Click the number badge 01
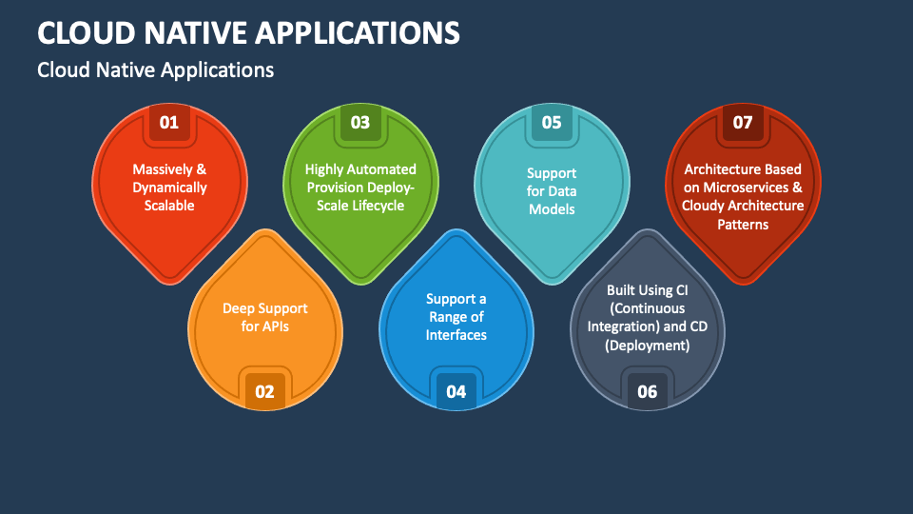(x=169, y=122)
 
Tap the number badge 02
(x=264, y=391)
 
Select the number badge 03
(x=360, y=122)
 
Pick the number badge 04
(x=456, y=391)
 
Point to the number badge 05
(x=552, y=122)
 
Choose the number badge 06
(x=647, y=391)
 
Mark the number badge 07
(x=743, y=122)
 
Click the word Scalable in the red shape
(x=169, y=206)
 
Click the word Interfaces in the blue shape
(x=456, y=335)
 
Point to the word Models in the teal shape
(x=552, y=208)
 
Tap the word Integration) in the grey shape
(x=628, y=326)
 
